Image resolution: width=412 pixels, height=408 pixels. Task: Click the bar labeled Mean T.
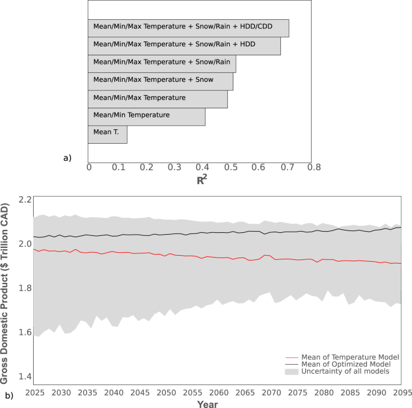(x=107, y=134)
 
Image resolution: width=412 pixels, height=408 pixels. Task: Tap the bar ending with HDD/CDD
(x=188, y=28)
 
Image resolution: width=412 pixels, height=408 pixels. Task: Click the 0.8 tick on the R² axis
(x=311, y=167)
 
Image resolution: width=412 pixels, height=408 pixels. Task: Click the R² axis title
(x=201, y=179)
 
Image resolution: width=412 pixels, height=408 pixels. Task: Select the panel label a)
(x=67, y=158)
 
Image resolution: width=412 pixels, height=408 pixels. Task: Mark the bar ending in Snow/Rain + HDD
(x=184, y=46)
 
